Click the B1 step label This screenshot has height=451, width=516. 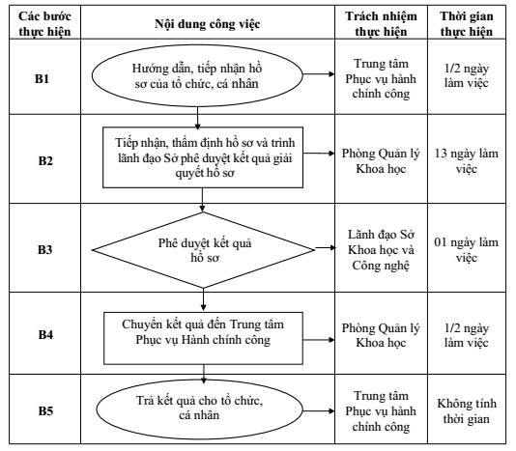[42, 79]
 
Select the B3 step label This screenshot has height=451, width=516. [45, 250]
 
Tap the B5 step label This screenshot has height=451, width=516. [45, 410]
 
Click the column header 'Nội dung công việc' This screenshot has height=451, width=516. [208, 24]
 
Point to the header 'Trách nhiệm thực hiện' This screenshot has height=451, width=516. [381, 24]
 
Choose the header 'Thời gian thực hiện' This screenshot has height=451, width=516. [467, 24]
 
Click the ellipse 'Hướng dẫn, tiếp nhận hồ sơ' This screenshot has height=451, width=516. [197, 75]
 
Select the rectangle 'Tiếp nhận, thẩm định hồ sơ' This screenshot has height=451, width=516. [203, 157]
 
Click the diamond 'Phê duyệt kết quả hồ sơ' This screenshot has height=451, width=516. [203, 250]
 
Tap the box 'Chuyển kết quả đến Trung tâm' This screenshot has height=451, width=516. [203, 338]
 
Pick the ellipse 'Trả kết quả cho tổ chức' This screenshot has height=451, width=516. [199, 409]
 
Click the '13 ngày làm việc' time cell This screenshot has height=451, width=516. [467, 161]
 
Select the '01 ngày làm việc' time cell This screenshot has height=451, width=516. [467, 250]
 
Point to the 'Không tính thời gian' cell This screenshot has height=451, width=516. [467, 410]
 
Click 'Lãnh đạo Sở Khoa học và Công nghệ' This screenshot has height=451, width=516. [381, 250]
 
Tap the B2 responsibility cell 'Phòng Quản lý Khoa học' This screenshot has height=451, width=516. [381, 161]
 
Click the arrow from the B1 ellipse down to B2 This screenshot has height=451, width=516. [197, 118]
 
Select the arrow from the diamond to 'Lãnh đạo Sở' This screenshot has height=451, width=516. [325, 247]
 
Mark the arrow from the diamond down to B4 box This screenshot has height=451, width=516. [203, 299]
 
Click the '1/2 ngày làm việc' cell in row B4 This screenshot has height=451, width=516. [467, 335]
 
